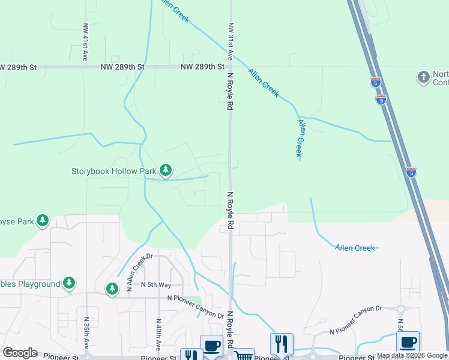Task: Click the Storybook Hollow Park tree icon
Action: point(166,171)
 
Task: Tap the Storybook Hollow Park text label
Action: point(114,171)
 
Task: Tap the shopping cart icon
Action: point(243,355)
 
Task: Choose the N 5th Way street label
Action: point(157,285)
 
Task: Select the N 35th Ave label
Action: point(86,334)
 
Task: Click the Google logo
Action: point(20,353)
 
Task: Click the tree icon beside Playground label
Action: point(69,283)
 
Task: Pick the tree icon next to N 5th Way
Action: point(112,289)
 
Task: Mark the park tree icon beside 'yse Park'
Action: point(42,221)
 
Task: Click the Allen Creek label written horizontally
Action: point(355,248)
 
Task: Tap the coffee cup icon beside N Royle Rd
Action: point(211,345)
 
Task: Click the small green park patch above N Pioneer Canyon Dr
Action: point(194,300)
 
